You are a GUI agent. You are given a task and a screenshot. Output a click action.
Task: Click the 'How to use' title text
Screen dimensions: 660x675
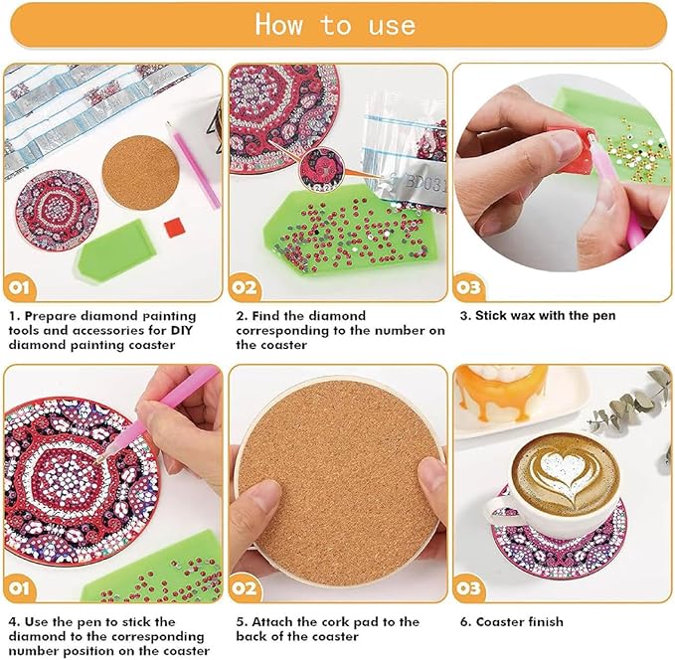point(335,24)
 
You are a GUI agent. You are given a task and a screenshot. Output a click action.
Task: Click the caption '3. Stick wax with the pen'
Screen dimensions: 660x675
point(537,316)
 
